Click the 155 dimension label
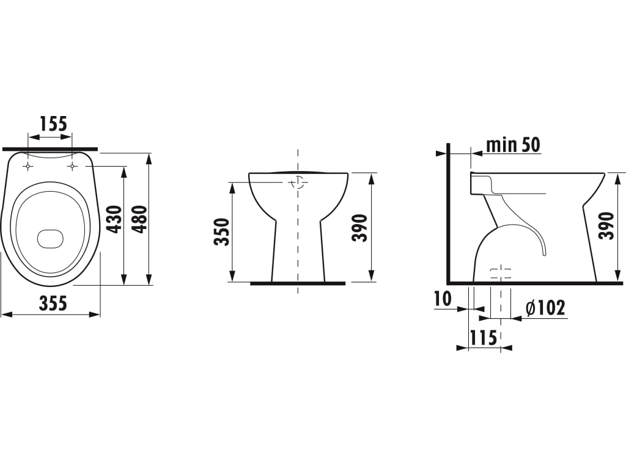tap(54, 124)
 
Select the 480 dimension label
tap(140, 219)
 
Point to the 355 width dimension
tap(53, 304)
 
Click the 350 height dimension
tap(222, 231)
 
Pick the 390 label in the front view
tap(359, 228)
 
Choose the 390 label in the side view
tap(606, 226)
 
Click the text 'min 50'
tap(513, 145)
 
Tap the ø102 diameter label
tap(545, 308)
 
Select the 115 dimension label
tap(483, 338)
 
